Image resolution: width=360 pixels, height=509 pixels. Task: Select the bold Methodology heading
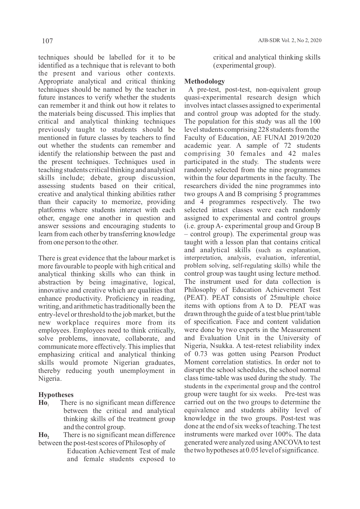coord(205,81)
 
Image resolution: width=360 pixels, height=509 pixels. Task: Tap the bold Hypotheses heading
coord(56,395)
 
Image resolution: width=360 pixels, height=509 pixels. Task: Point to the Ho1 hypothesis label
coord(43,403)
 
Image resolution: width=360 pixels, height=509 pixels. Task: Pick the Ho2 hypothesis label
coord(44,435)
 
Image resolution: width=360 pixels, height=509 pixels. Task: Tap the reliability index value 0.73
coord(201,354)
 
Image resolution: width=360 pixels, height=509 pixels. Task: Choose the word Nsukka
coord(222,346)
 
